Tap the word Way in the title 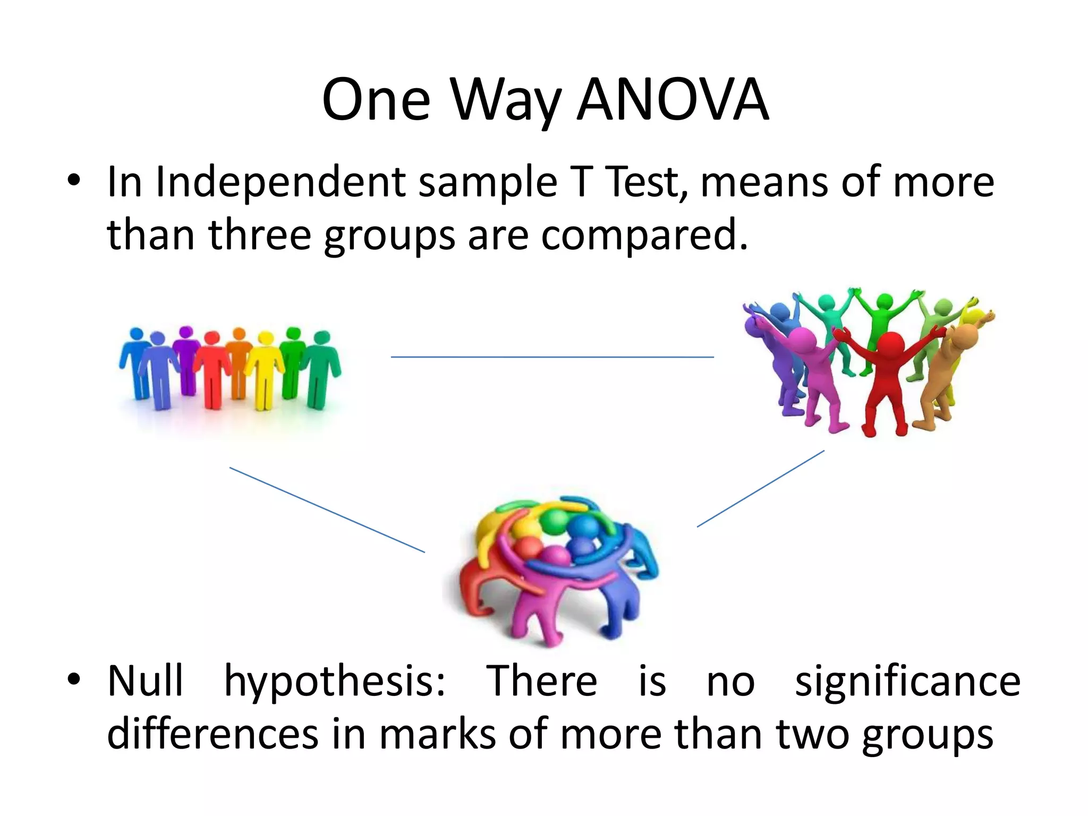point(506,100)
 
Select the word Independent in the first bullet point(280,182)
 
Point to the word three point(259,235)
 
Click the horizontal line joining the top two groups point(552,357)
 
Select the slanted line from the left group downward point(327,510)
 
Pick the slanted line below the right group point(760,489)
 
